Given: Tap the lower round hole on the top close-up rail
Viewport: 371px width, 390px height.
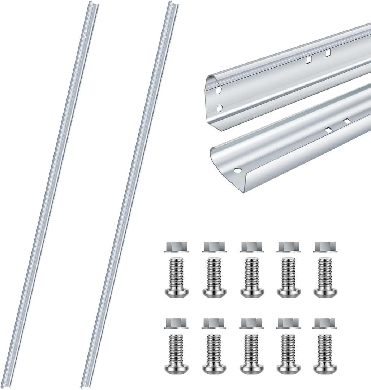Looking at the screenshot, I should coord(218,108).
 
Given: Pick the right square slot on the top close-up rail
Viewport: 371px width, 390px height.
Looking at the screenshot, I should coord(328,53).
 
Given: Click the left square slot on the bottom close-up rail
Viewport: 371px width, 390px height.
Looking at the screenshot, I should coord(328,129).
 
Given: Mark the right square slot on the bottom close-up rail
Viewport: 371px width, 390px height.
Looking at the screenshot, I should coord(347,122).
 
